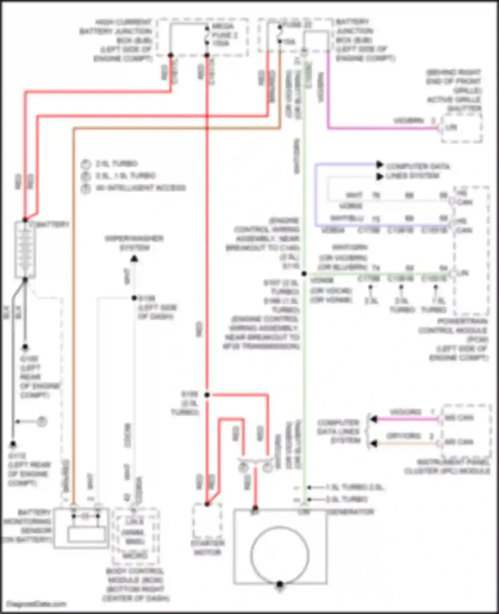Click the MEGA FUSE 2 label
coord(223,34)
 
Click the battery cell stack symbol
coord(25,249)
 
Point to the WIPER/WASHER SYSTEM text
coord(134,243)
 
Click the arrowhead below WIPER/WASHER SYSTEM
coord(134,258)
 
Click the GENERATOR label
coord(351,512)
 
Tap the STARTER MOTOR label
coord(207,548)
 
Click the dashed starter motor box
coord(207,521)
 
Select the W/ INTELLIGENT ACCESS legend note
coord(140,188)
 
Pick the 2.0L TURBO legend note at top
coord(116,164)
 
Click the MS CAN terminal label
coord(459,418)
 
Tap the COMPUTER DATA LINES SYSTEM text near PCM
coord(417,171)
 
